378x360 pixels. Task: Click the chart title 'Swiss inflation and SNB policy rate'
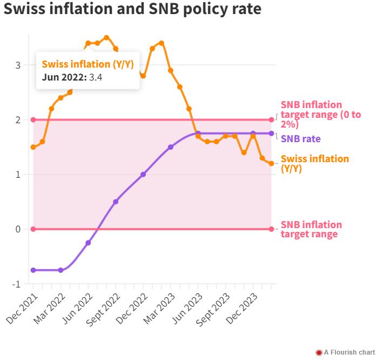click(132, 10)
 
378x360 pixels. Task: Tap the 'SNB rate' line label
click(301, 139)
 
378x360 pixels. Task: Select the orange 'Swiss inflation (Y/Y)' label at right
click(315, 164)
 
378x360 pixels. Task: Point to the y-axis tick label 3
click(18, 65)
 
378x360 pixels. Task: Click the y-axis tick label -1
click(16, 284)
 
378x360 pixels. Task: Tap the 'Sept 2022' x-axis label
click(102, 310)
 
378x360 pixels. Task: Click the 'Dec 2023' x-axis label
click(241, 309)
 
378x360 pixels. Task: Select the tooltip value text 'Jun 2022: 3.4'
click(72, 77)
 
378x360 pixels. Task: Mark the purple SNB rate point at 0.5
click(116, 202)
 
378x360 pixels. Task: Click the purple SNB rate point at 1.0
click(143, 174)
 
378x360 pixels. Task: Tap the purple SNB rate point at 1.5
click(171, 147)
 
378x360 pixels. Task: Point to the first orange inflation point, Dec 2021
click(33, 147)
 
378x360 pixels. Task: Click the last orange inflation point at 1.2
click(271, 163)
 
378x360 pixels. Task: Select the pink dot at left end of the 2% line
click(33, 120)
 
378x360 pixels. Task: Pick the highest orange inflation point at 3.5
click(106, 38)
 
